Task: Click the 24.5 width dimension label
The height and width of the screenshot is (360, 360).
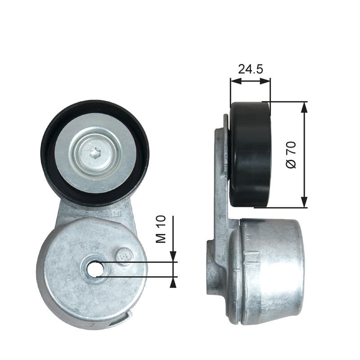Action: click(x=250, y=69)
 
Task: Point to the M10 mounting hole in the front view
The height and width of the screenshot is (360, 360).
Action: click(x=94, y=269)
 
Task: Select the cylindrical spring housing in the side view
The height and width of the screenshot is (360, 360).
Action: click(x=270, y=270)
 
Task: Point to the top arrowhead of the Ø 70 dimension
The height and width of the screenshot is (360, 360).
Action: click(x=305, y=106)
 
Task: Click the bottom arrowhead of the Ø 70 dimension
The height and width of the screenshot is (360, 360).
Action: click(x=305, y=203)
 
